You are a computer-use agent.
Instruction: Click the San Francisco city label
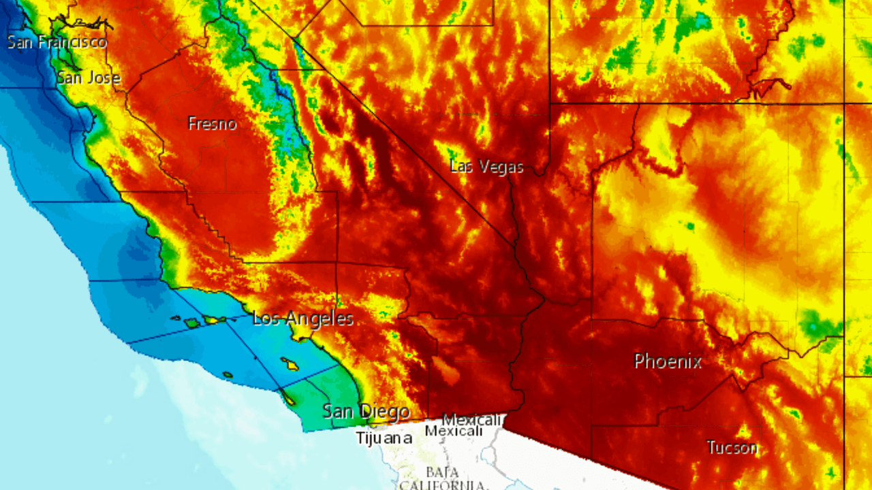pos(57,42)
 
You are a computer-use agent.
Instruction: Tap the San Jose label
pos(88,78)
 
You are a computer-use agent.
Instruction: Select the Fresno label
pos(212,124)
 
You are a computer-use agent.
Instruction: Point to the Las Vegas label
pos(486,167)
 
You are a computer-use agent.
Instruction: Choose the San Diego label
pos(366,411)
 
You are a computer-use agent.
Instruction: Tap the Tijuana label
pos(384,438)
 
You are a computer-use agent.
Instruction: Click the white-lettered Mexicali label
pos(472,419)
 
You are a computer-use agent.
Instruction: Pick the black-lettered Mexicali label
pos(454,431)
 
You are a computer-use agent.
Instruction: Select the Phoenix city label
pos(668,361)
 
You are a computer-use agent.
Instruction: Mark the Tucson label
pos(732,447)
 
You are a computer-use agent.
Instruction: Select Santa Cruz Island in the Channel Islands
pos(213,319)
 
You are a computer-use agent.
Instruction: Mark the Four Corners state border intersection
pos(844,103)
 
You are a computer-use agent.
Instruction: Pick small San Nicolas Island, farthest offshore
pos(227,374)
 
